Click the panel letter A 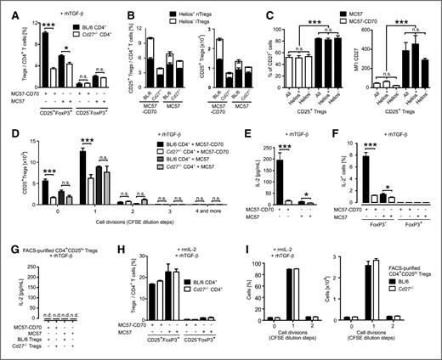pos(6,7)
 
